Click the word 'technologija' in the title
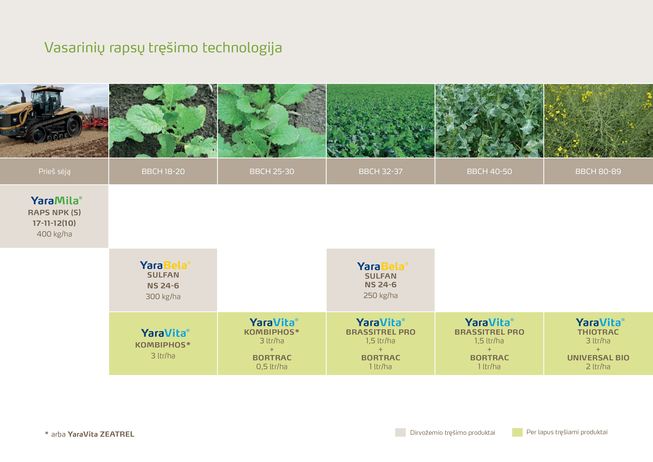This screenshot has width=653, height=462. click(242, 48)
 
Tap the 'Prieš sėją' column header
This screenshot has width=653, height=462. click(54, 171)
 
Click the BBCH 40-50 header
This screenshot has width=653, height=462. click(489, 171)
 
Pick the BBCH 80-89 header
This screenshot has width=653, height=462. click(598, 171)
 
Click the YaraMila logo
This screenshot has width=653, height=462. click(56, 201)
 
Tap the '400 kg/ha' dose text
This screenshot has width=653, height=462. click(54, 234)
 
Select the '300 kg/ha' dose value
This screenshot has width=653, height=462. click(163, 296)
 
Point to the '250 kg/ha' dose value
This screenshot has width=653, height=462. click(380, 295)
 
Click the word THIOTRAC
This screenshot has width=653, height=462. click(598, 332)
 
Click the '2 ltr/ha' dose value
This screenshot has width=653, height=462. click(598, 366)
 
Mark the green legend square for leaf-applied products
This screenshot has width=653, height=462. click(517, 432)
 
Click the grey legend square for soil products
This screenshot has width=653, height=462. click(400, 432)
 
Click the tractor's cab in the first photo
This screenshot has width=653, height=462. click(47, 98)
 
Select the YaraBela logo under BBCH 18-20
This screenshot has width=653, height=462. click(165, 265)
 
